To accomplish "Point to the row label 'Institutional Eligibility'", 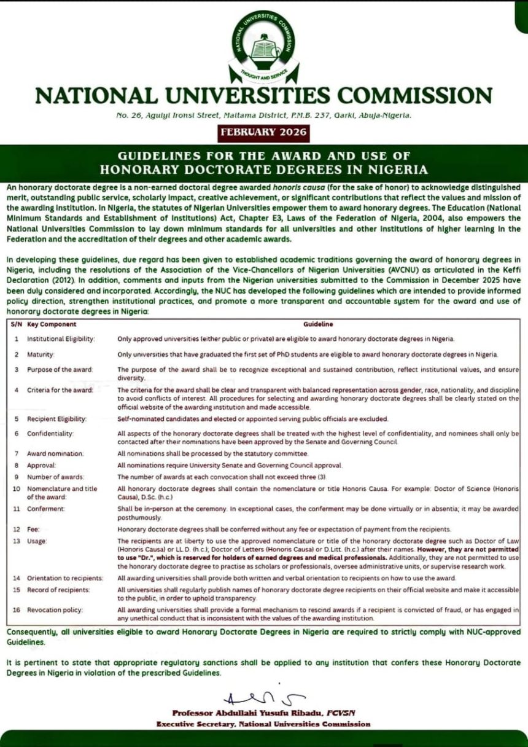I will (61, 338).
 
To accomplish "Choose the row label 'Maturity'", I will (41, 354).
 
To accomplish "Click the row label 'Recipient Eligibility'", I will (57, 419).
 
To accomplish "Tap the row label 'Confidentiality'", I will (50, 434).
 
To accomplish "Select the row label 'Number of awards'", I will (56, 477).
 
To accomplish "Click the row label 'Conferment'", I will (46, 509).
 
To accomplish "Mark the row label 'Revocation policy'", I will (55, 609).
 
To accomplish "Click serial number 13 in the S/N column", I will (16, 540).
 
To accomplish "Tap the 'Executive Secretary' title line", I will (263, 724).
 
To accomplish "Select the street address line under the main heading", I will (264, 115).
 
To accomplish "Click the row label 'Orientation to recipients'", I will (65, 578).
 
